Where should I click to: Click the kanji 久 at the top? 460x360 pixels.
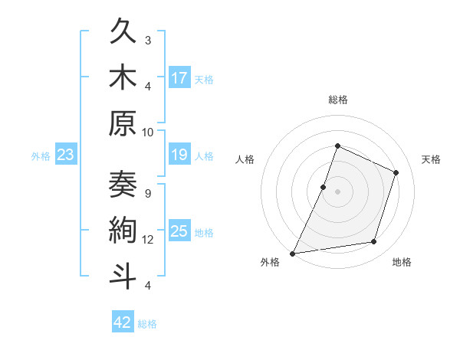123,33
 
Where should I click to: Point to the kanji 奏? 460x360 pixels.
123,185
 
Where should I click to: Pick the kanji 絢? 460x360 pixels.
123,231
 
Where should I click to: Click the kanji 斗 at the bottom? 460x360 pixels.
123,277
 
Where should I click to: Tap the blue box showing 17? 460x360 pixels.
179,78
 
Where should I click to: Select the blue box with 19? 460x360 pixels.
179,155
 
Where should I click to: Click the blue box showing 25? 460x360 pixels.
179,231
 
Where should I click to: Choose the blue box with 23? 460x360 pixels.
66,155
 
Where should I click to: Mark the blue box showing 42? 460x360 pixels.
122,322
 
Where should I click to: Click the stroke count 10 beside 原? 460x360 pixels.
148,132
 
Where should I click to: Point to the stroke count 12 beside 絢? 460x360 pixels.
148,240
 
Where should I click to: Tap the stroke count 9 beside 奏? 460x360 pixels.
148,193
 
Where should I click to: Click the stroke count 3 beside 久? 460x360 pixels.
148,40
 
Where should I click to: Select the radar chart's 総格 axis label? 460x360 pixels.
337,100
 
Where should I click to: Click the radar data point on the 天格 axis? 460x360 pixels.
396,172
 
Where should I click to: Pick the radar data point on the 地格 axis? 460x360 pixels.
374,242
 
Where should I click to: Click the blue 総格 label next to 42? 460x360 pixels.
147,324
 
